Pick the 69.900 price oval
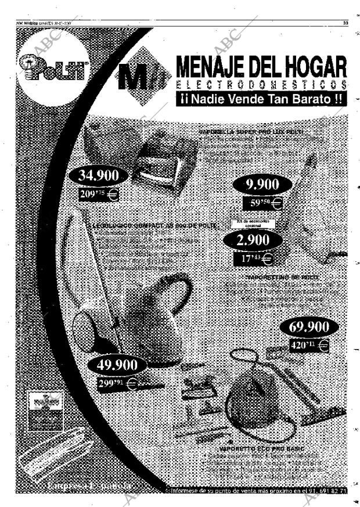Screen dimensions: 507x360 [309, 326]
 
